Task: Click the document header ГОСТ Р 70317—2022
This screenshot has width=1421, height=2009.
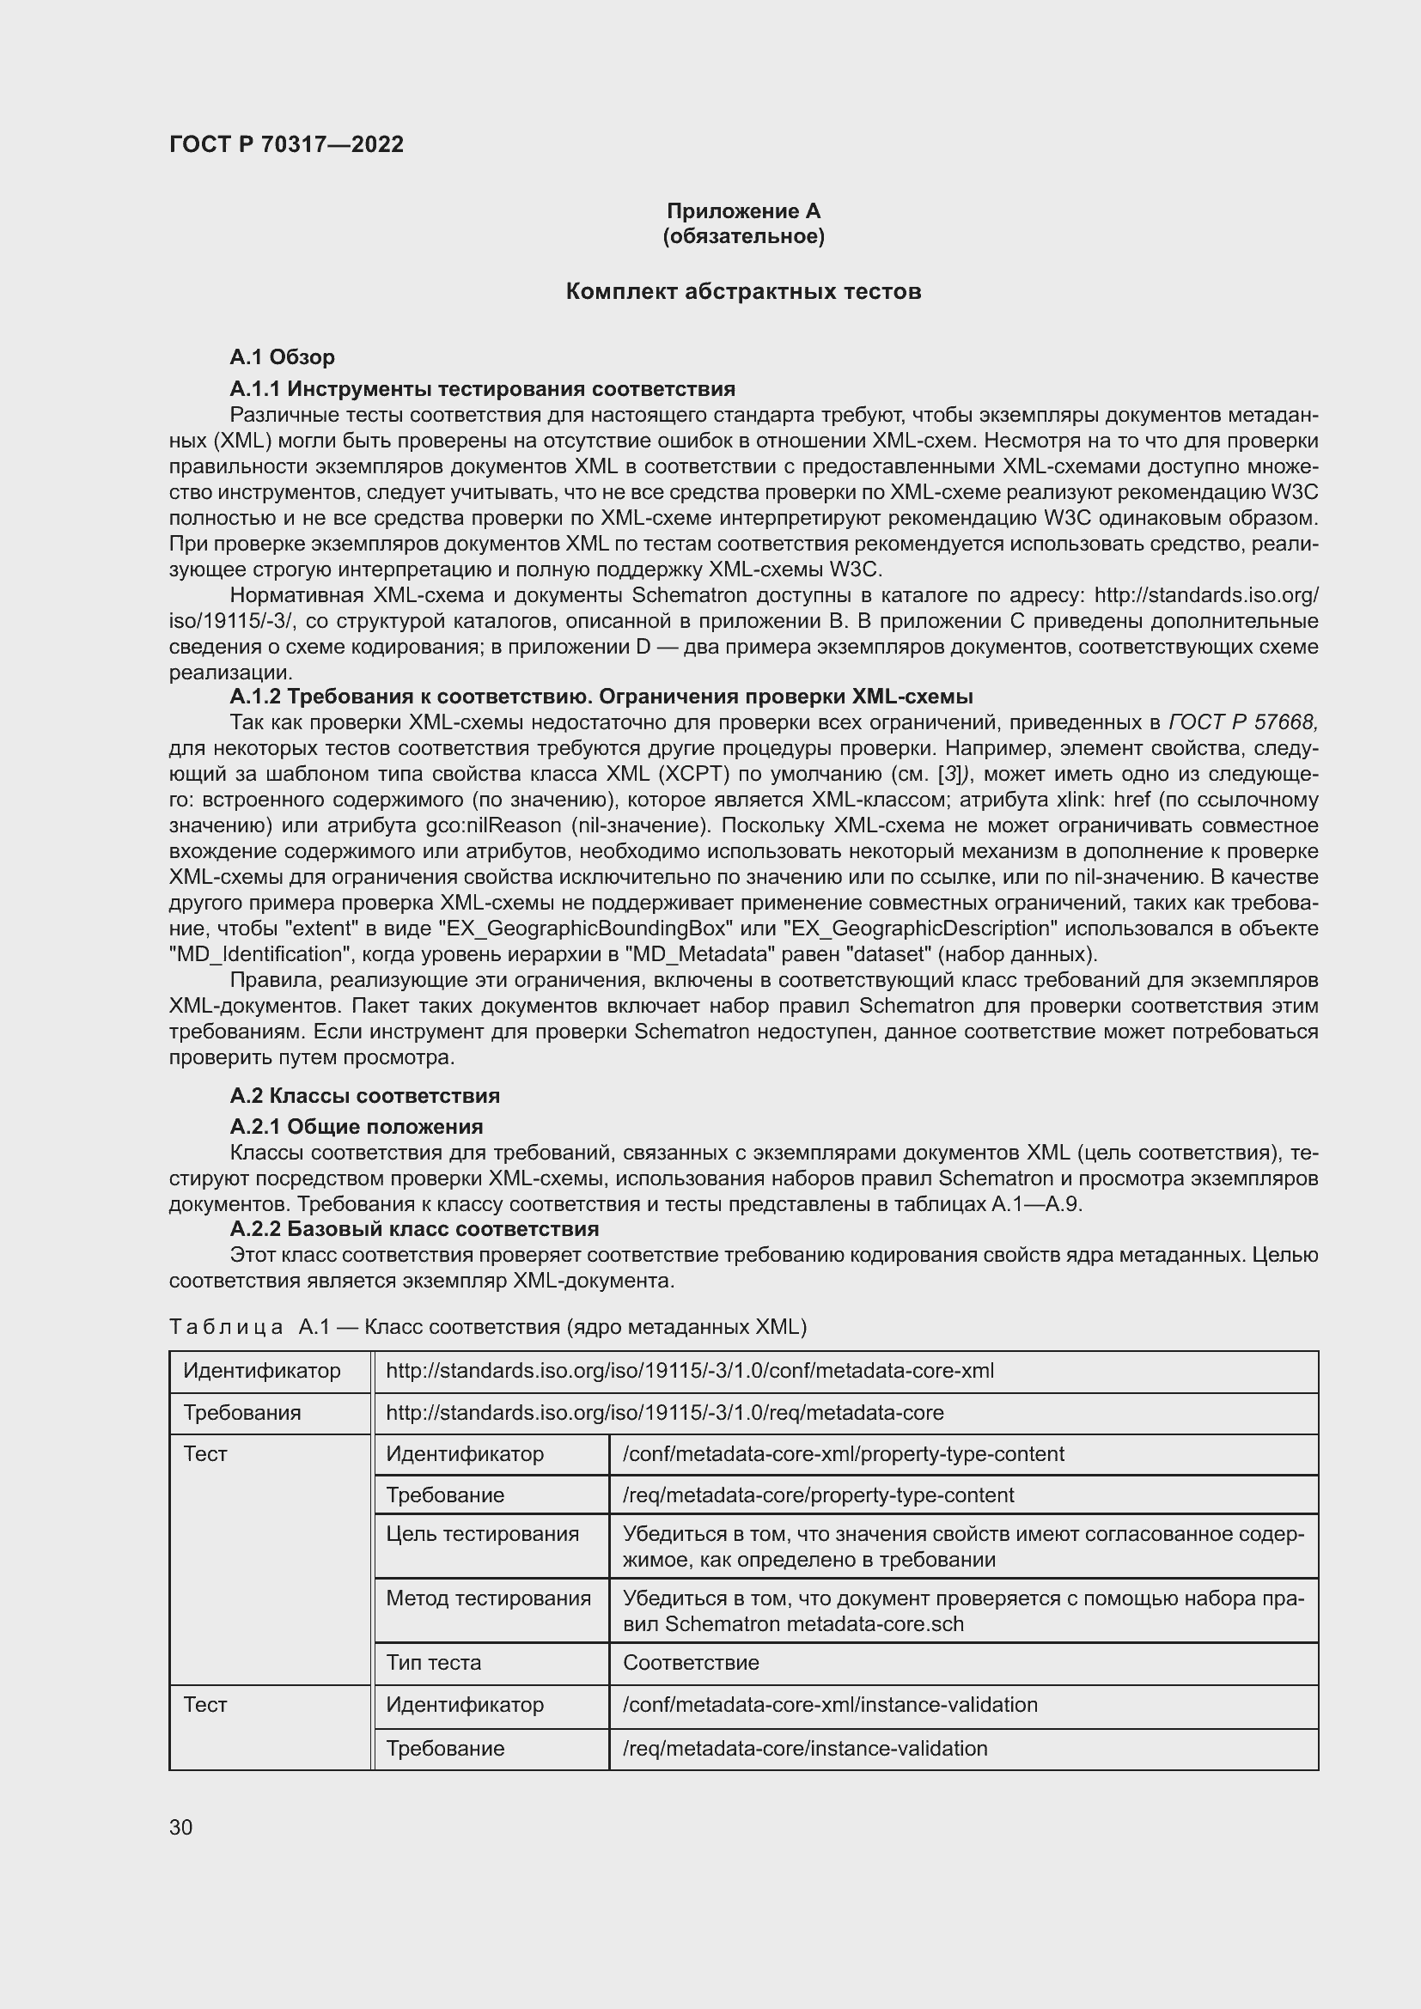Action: tap(286, 144)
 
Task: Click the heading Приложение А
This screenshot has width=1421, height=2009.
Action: tap(743, 211)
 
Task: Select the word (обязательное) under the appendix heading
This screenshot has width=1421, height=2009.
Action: tap(743, 236)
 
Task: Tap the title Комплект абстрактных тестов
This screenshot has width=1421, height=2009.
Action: tap(743, 291)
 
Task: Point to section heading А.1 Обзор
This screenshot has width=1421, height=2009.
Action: tap(282, 357)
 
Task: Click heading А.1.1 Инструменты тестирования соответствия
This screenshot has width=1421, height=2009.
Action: tap(482, 388)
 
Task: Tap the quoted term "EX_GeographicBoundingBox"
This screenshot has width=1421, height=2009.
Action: tap(584, 928)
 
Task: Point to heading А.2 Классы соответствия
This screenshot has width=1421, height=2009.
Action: tap(365, 1095)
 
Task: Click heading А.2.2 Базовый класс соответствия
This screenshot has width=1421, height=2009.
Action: tap(414, 1229)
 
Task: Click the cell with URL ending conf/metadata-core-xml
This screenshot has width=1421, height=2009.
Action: tap(690, 1370)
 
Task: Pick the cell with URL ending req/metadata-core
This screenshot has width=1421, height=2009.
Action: tap(665, 1412)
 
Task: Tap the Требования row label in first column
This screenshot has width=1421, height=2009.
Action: tap(242, 1412)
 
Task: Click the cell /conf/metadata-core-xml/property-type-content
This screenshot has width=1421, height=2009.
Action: tap(843, 1453)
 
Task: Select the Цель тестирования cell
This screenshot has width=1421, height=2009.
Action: tap(483, 1534)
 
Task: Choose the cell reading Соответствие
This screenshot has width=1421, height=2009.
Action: tap(691, 1663)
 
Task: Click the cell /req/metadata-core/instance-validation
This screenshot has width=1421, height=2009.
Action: tap(805, 1748)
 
